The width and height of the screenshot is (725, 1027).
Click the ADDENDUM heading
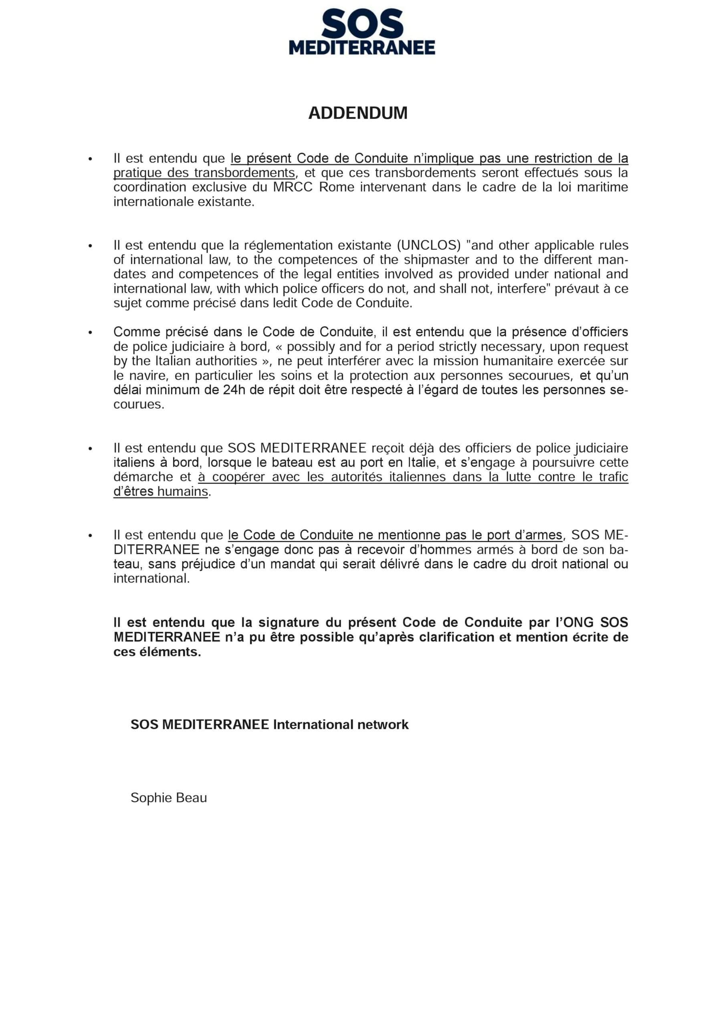tap(357, 113)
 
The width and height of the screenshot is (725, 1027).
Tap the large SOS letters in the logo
tap(362, 24)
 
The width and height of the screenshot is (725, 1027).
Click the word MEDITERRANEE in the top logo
tap(362, 48)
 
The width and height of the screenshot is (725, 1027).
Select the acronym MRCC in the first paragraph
tap(293, 187)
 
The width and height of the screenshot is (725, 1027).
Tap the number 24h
tap(234, 390)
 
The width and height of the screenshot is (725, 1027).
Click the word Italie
tap(422, 462)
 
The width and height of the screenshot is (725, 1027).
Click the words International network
tap(341, 725)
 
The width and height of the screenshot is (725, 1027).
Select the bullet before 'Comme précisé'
tap(90, 332)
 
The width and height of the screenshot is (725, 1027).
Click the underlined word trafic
tap(613, 477)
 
